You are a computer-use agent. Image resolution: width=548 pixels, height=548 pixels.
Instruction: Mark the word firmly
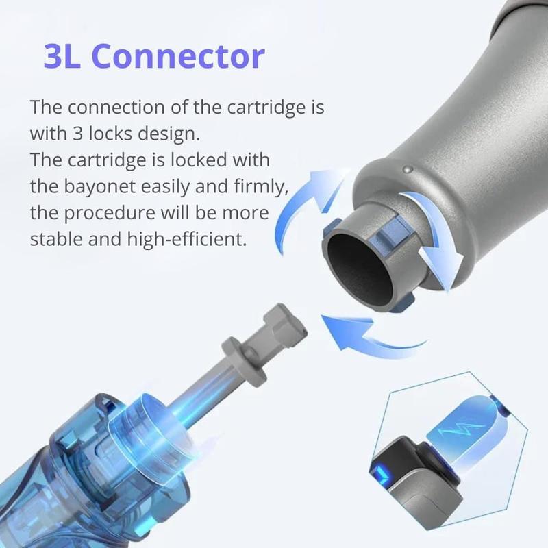[265, 186]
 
